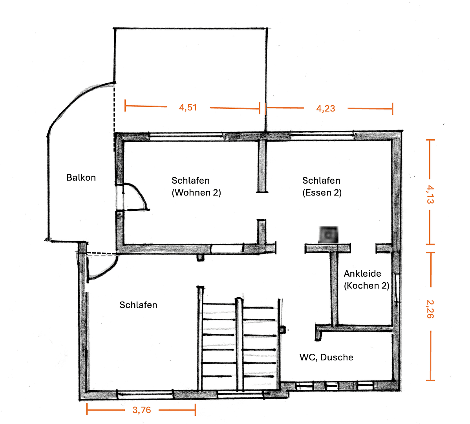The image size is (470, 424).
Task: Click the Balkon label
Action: (x=81, y=177)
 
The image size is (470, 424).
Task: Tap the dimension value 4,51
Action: (x=188, y=108)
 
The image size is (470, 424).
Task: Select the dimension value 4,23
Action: (x=326, y=109)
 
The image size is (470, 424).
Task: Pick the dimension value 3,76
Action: (x=141, y=410)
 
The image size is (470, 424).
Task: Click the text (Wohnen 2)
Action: (x=196, y=193)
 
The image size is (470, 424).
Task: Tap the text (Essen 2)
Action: (x=322, y=193)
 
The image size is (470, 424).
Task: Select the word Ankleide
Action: (x=362, y=274)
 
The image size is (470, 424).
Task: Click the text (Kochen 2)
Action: (x=366, y=285)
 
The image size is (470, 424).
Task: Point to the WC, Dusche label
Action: (x=326, y=357)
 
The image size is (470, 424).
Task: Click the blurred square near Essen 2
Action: (x=328, y=235)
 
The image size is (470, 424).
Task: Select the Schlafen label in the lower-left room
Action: (x=138, y=305)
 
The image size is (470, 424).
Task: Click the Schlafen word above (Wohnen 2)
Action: (x=190, y=181)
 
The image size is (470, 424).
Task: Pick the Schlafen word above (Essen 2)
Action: (x=321, y=181)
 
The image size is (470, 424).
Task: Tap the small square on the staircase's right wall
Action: (x=282, y=330)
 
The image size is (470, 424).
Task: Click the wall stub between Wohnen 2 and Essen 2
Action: (x=262, y=167)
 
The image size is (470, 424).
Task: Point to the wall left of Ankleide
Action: (x=334, y=289)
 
